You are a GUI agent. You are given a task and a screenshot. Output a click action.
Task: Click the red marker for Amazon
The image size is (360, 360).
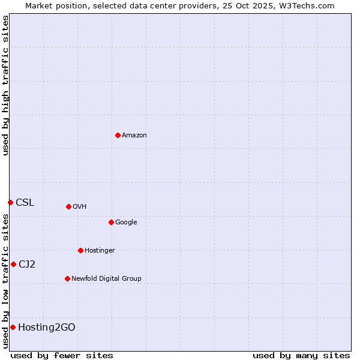118,135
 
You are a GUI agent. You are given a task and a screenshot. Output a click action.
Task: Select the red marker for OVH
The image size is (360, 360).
68,206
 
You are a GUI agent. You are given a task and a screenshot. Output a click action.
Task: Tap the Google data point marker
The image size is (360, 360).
111,222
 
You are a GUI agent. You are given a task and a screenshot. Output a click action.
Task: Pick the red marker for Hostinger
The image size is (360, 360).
80,250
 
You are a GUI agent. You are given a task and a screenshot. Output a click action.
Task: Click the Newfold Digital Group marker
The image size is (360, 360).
67,278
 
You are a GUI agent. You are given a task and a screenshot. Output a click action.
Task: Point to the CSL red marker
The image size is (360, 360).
10,202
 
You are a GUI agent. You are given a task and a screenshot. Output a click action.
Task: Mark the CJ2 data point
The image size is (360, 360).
13,264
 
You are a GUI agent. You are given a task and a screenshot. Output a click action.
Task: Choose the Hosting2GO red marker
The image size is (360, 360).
13,327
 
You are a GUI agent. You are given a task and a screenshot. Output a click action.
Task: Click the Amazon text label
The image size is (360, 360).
134,136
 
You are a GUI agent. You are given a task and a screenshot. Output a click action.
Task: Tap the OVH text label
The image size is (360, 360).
80,207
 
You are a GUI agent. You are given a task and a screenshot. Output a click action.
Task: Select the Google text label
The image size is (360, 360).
126,223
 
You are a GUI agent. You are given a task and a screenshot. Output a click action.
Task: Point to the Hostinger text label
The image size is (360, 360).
100,251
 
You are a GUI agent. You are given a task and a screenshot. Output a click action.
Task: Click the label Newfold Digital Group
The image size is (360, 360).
106,279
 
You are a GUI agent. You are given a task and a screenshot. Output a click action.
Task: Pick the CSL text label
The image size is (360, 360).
25,203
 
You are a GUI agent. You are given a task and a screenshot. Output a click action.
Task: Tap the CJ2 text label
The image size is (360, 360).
27,265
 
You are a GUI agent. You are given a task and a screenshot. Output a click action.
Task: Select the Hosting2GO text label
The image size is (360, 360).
47,328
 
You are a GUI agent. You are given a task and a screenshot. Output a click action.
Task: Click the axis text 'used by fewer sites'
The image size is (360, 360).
62,355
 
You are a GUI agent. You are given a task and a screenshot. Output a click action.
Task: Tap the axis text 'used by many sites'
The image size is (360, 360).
301,355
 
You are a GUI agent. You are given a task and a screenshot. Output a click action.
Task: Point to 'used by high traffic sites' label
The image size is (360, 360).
6,85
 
